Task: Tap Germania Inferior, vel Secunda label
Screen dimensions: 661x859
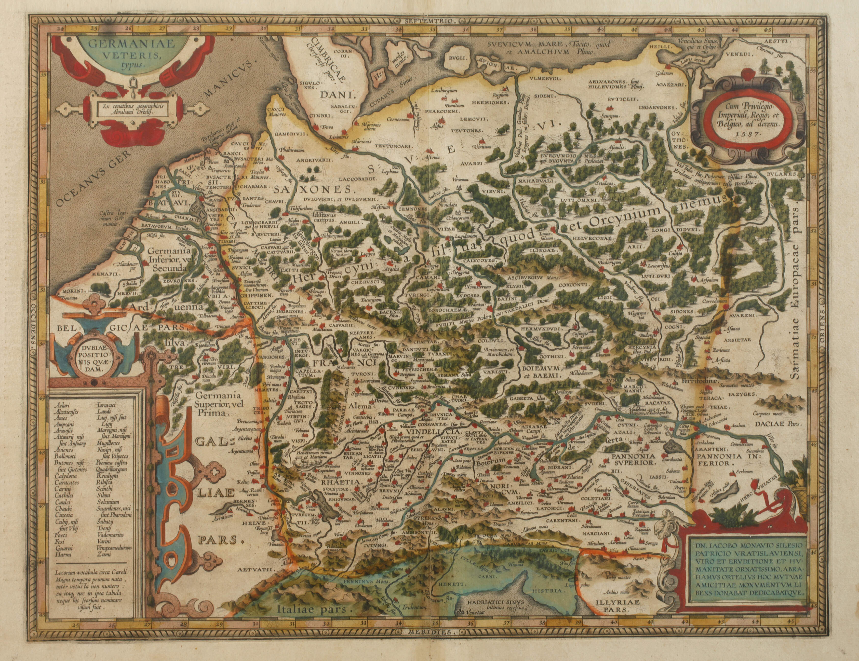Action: click(x=170, y=259)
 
